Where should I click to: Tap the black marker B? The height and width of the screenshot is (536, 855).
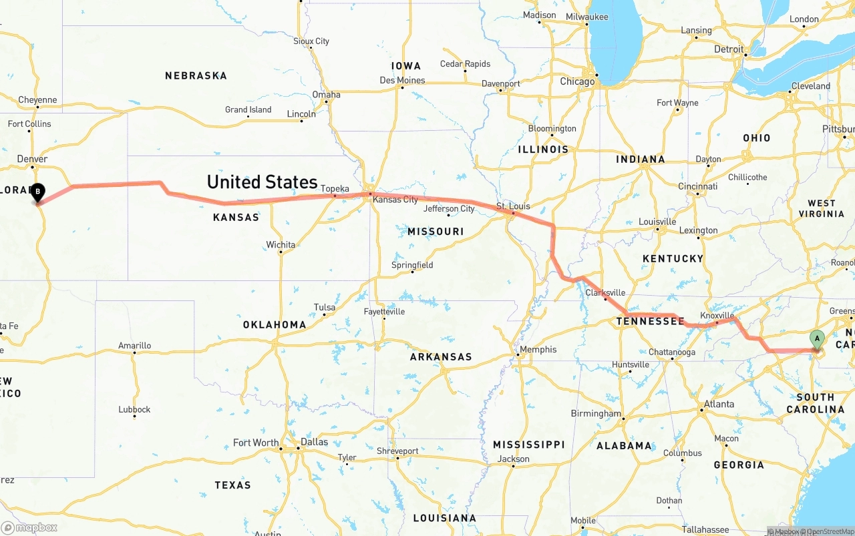[38, 192]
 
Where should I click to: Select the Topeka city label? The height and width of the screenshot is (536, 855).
[335, 188]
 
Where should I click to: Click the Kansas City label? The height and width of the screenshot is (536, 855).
[395, 200]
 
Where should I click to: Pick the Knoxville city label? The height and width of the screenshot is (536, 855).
[717, 315]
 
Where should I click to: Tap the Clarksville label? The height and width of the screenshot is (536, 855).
[605, 292]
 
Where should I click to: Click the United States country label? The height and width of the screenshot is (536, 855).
[262, 182]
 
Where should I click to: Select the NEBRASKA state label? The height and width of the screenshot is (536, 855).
[196, 76]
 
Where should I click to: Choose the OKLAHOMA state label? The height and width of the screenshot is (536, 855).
[275, 325]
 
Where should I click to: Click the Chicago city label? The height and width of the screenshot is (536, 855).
[577, 81]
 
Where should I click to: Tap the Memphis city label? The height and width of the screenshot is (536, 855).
[538, 349]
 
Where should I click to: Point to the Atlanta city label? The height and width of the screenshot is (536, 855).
[718, 404]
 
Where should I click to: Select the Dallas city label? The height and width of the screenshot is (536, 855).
[314, 442]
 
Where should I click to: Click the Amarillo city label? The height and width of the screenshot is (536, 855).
[134, 346]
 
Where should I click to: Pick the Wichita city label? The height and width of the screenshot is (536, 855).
[281, 245]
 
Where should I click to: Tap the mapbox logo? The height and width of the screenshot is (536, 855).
[30, 527]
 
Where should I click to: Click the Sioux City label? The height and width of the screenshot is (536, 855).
[311, 41]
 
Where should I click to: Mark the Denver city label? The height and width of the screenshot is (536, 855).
[32, 159]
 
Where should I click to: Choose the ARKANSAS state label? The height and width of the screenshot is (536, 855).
[441, 357]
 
